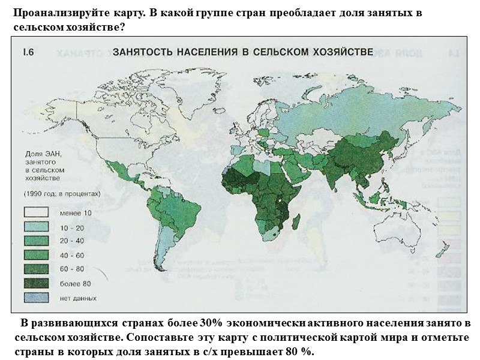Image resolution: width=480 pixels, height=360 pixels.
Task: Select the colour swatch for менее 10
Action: [36, 212]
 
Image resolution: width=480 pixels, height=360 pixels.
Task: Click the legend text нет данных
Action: [78, 298]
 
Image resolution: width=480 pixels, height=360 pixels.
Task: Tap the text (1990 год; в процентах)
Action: [61, 193]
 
